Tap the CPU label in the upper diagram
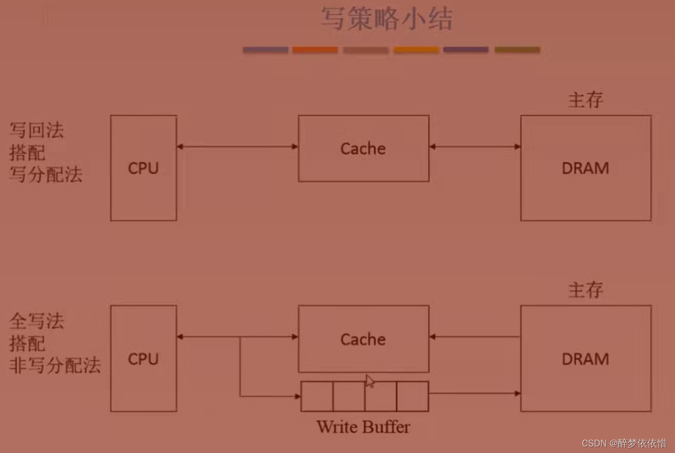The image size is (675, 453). [x=144, y=169]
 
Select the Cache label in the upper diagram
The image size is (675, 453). [x=363, y=149]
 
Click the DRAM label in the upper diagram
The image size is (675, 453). [x=585, y=169]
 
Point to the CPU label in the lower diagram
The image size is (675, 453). [x=144, y=359]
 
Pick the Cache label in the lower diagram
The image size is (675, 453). [x=363, y=340]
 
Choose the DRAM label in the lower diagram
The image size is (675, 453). [x=585, y=359]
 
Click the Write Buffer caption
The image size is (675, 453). [x=363, y=427]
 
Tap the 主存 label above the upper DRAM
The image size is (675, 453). [x=585, y=100]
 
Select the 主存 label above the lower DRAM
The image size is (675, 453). [x=585, y=290]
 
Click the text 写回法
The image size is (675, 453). [x=37, y=130]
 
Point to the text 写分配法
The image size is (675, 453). [x=46, y=174]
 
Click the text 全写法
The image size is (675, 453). [x=37, y=321]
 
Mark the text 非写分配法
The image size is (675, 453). [x=55, y=365]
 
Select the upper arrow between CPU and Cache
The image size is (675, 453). [x=238, y=147]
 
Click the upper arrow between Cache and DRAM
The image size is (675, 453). [x=475, y=147]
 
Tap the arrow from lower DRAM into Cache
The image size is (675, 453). [x=475, y=337]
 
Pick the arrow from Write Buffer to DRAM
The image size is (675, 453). [x=475, y=394]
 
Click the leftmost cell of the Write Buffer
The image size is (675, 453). [x=317, y=396]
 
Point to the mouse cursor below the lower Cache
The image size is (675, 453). [x=370, y=381]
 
